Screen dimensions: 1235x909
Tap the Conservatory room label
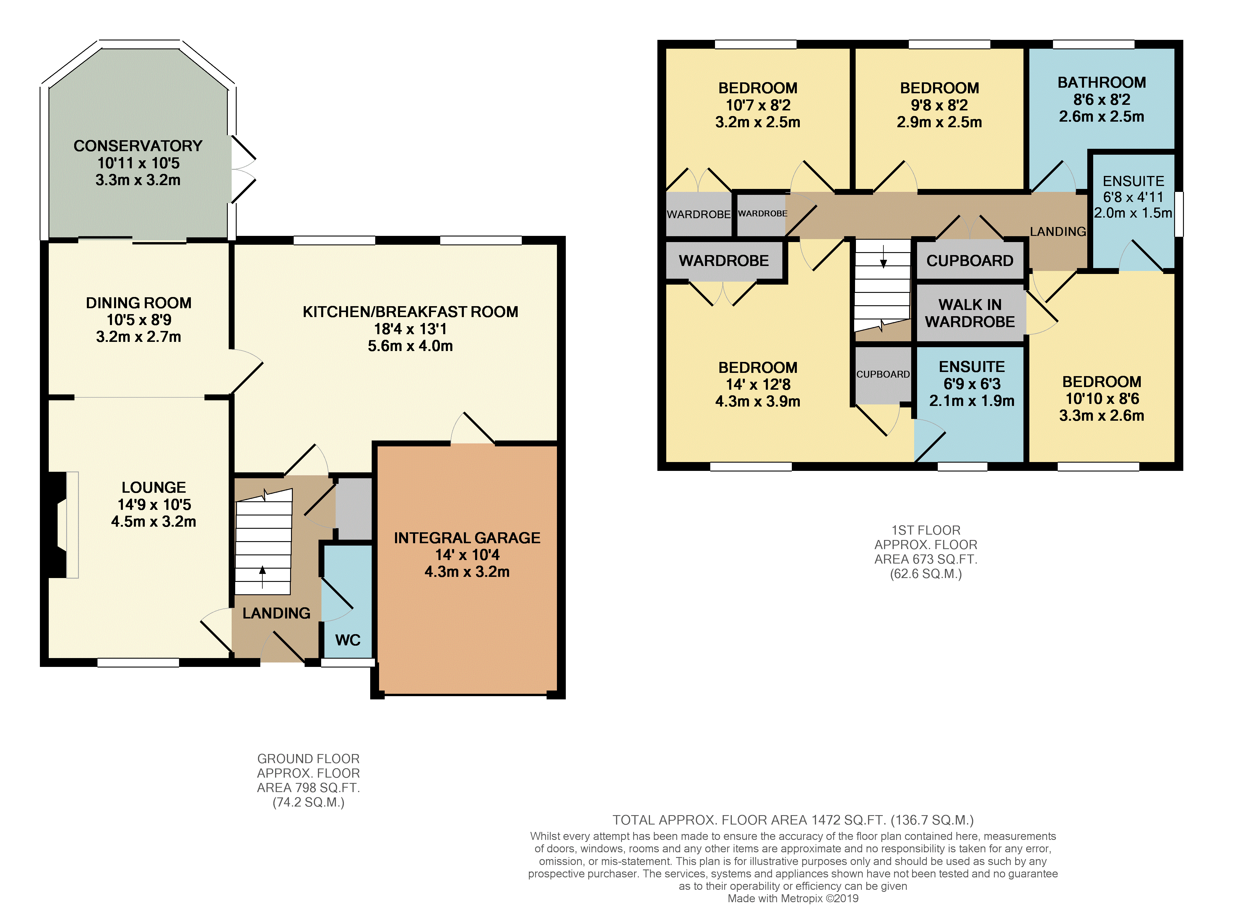pyautogui.click(x=138, y=146)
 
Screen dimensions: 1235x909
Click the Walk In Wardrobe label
pyautogui.click(x=970, y=313)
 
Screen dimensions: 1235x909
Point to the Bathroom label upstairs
pyautogui.click(x=1102, y=83)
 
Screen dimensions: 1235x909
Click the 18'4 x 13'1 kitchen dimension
pyautogui.click(x=410, y=329)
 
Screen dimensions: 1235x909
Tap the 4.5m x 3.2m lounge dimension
pyautogui.click(x=154, y=522)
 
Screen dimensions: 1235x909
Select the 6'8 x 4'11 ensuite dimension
pyautogui.click(x=1133, y=197)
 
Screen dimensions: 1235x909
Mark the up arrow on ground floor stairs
pyautogui.click(x=263, y=577)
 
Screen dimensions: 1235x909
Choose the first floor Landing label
pyautogui.click(x=1058, y=232)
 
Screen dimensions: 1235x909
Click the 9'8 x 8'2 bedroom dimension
pyautogui.click(x=939, y=105)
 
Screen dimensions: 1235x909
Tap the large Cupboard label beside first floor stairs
pyautogui.click(x=970, y=261)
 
